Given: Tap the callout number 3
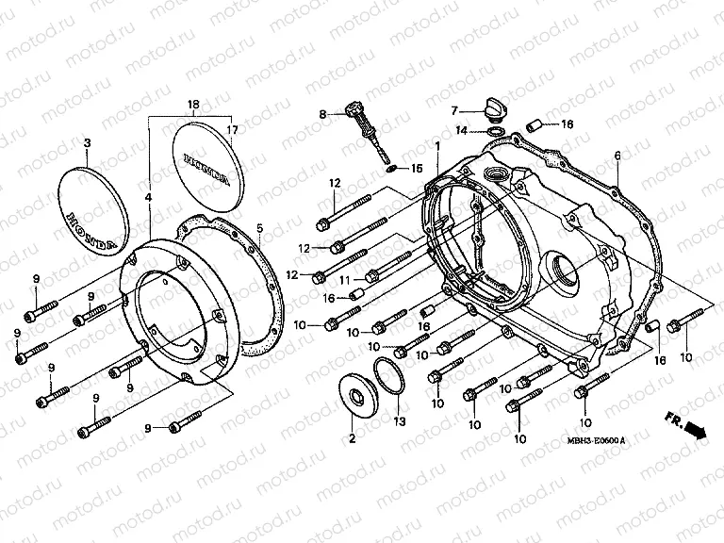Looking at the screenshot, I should click(x=87, y=143).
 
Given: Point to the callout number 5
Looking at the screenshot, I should click(x=261, y=227).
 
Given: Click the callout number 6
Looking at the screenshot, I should click(x=617, y=156).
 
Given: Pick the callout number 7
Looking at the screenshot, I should click(x=452, y=110).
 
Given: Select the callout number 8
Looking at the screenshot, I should click(x=322, y=114).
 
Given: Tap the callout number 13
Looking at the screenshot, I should click(x=398, y=421).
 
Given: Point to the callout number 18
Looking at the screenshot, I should click(x=193, y=103).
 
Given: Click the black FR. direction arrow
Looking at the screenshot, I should click(x=695, y=431).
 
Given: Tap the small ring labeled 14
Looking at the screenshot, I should click(x=496, y=130).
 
